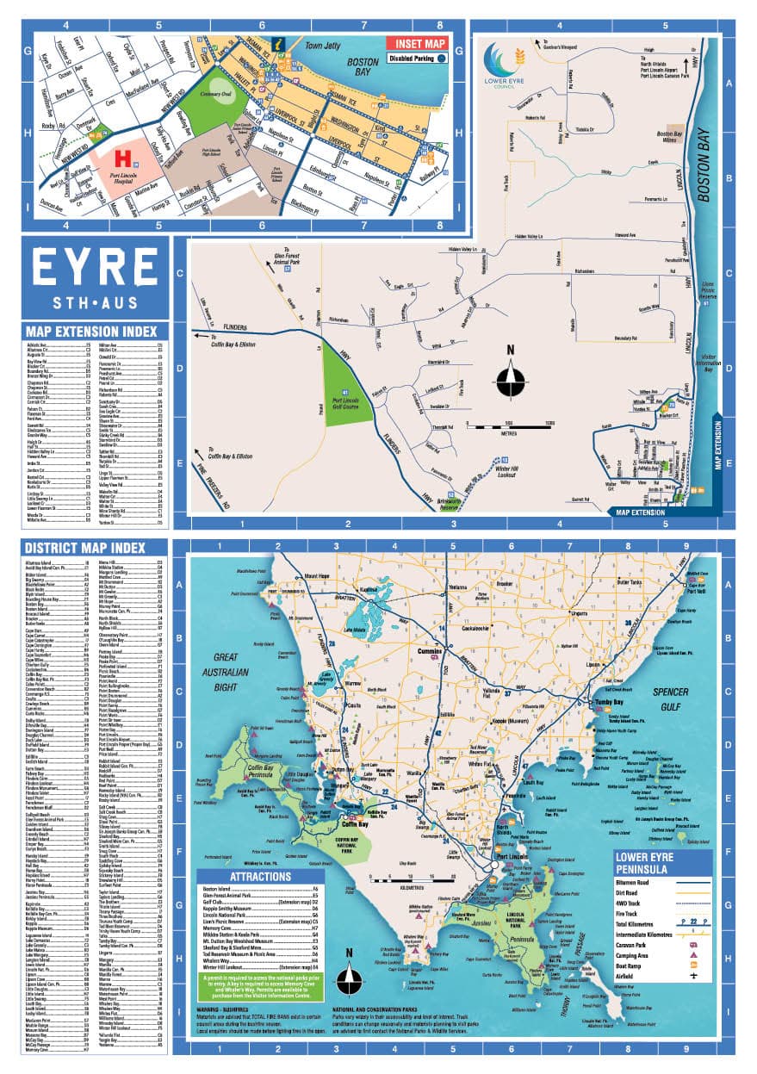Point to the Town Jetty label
[x=324, y=45]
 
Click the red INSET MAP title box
[x=416, y=42]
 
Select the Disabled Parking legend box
[x=416, y=59]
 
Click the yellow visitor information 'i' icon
[x=276, y=42]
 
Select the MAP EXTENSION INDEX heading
[x=92, y=332]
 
